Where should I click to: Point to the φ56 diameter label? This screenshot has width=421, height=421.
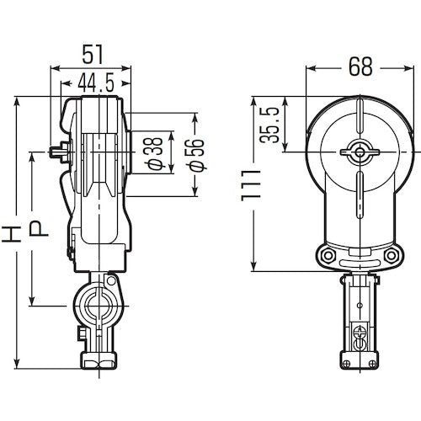[x=193, y=155]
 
